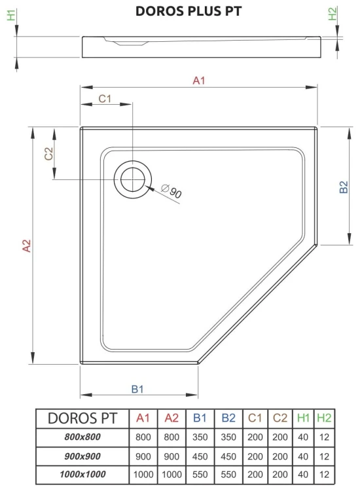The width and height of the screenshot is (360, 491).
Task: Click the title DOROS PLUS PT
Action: (179, 10)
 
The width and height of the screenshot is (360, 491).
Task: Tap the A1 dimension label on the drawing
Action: (199, 81)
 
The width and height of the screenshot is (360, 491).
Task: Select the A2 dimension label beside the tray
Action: (26, 246)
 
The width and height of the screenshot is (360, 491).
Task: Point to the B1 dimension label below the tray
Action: (137, 389)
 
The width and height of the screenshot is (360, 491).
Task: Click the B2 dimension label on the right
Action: (343, 188)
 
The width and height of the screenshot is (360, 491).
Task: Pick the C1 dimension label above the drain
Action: (105, 99)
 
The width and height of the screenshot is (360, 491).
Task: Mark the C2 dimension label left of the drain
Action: (48, 154)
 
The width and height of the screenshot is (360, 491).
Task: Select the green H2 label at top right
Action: (333, 14)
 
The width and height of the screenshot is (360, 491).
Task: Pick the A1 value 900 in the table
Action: (143, 456)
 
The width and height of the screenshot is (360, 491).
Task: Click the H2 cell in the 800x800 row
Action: (325, 437)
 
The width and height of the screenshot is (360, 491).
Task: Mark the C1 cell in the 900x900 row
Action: (255, 456)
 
